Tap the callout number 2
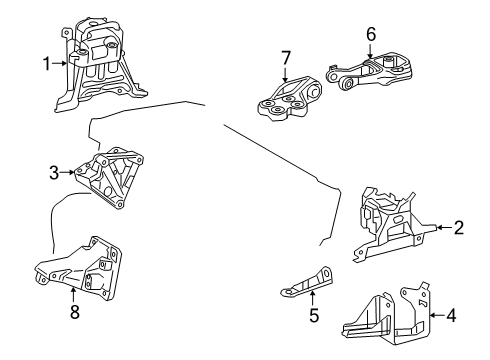[x=458, y=228]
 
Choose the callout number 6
[x=370, y=34]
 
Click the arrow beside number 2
[x=441, y=228]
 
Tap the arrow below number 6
[x=370, y=50]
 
